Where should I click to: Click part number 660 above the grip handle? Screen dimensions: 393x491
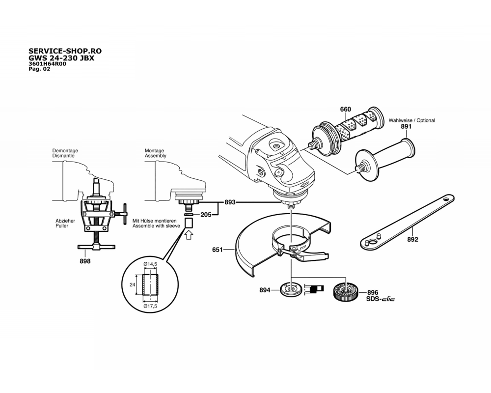(x=345, y=109)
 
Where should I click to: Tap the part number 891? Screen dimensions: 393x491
(x=406, y=127)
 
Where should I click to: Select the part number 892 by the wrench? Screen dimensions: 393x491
(x=412, y=240)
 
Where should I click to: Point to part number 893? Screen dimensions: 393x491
(x=230, y=202)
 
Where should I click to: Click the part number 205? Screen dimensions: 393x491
(x=206, y=214)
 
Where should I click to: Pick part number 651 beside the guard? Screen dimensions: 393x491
(x=218, y=250)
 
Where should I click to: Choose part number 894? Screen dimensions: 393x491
(x=265, y=290)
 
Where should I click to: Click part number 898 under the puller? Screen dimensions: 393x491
(x=85, y=261)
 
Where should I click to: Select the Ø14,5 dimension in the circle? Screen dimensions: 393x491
(x=150, y=264)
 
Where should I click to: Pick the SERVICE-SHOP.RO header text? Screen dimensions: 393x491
(x=66, y=51)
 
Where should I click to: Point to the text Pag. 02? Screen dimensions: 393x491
(x=40, y=69)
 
